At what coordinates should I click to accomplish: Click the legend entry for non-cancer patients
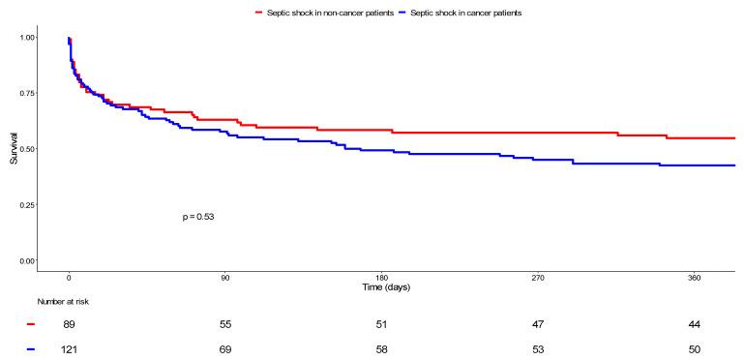click(x=329, y=13)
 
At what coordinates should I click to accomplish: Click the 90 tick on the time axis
click(x=225, y=279)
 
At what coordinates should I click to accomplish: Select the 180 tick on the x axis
click(x=382, y=279)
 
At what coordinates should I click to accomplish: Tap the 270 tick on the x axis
click(x=538, y=279)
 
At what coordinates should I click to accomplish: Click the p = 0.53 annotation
click(x=197, y=217)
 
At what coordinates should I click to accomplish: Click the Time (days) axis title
click(x=382, y=288)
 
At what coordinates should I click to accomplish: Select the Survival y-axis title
click(x=13, y=149)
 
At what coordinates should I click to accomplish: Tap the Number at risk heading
click(x=64, y=302)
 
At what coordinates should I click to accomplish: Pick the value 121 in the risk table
click(x=70, y=348)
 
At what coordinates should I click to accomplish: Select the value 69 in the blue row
click(x=225, y=348)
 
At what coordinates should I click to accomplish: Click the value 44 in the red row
click(x=695, y=325)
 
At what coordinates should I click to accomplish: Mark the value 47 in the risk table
click(x=538, y=325)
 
